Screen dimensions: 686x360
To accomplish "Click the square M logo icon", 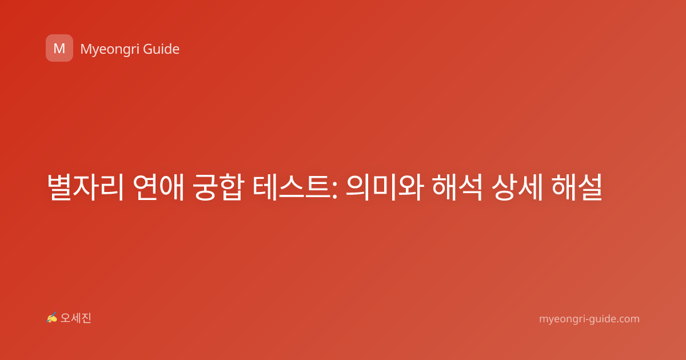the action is pos(59,48).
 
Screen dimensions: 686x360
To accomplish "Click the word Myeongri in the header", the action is pos(110,49).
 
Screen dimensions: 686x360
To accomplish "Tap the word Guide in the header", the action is pos(161,49).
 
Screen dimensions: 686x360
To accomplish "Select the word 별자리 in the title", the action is pos(85,187).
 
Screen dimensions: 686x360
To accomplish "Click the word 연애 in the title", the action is pos(159,187).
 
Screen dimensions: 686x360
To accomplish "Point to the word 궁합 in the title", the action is pos(218,187).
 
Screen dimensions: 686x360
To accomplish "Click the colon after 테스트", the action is pos(334,190).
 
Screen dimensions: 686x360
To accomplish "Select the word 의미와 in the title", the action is pos(385,187).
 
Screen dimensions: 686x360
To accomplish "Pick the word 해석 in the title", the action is pos(457,187).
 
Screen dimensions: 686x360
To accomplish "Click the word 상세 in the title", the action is pos(517,187).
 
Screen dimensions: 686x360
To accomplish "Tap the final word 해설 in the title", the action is pos(577,187).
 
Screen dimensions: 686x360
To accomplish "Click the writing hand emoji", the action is pos(52,318).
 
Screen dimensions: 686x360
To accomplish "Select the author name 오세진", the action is pos(75,318).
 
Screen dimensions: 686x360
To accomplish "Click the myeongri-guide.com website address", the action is pos(589,319).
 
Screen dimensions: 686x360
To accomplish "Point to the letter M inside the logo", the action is pos(59,49).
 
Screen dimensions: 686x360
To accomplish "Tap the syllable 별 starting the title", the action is pos(59,187).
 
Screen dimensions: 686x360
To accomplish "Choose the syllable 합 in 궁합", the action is pos(232,187).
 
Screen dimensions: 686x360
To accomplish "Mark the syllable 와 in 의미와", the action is pos(411,187).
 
